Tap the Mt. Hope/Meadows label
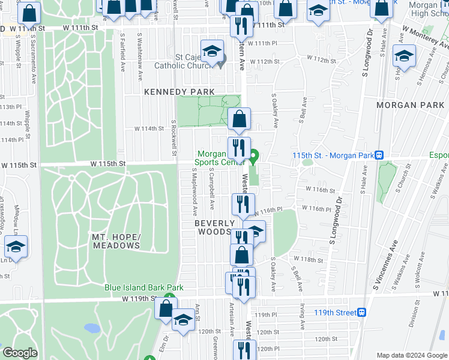coord(116,241)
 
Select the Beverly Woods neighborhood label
coord(214,227)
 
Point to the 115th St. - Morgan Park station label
coord(333,155)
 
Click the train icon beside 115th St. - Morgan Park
coord(379,155)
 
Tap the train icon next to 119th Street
coord(361,312)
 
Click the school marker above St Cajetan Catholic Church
coord(211,53)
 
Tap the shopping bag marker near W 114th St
coord(239,120)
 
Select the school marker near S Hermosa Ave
coord(404,57)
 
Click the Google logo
coord(20,353)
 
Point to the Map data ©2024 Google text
coord(412,355)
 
